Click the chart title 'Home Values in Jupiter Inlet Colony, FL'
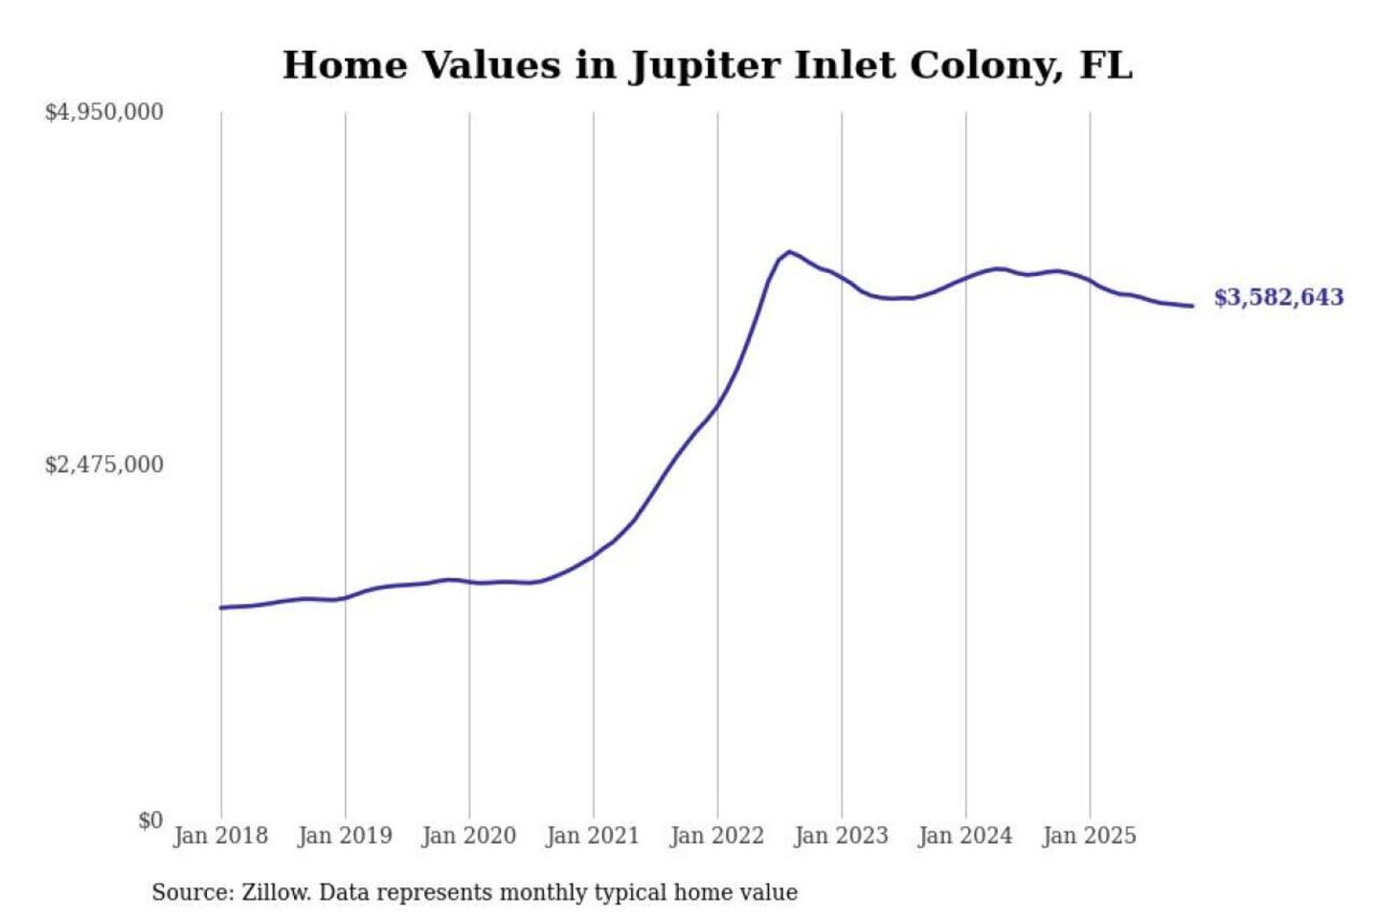click(x=707, y=65)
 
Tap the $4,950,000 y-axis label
click(x=104, y=112)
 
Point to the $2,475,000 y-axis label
click(x=104, y=465)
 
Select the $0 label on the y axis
click(x=149, y=820)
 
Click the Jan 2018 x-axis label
click(x=220, y=836)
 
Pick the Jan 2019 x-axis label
click(x=345, y=836)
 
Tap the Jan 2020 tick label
click(x=468, y=836)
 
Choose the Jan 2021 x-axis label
click(x=592, y=836)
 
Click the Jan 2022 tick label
click(x=717, y=836)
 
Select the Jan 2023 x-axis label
click(x=841, y=836)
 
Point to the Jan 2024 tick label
click(x=964, y=836)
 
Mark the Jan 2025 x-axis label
click(x=1089, y=836)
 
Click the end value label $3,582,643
click(x=1278, y=297)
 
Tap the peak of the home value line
click(x=788, y=252)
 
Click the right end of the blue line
click(x=1192, y=306)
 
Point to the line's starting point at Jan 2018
click(x=221, y=608)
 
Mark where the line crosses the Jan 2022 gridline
click(x=717, y=404)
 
